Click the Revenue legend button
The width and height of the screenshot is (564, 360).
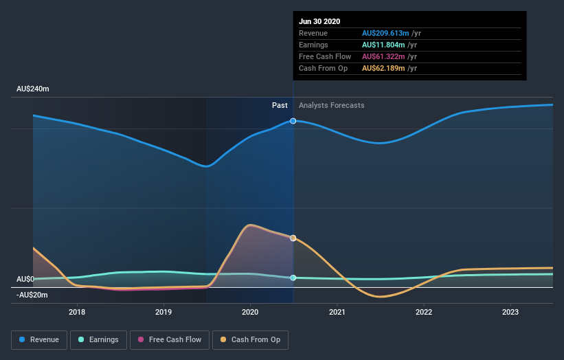[38, 339]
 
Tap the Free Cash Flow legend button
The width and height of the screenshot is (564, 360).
[169, 339]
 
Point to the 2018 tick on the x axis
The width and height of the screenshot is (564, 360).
[77, 311]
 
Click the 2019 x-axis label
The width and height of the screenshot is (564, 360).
[163, 311]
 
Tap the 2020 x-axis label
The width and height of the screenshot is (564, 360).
[250, 311]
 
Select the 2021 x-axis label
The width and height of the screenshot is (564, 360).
[337, 311]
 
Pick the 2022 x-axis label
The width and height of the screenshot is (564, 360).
[424, 311]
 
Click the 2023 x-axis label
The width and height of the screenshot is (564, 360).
[510, 311]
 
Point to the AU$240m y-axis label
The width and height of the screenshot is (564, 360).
[33, 89]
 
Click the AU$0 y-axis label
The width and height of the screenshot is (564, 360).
[25, 279]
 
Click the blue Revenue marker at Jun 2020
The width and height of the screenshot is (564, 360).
[293, 121]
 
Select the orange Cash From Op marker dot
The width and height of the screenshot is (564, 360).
[293, 238]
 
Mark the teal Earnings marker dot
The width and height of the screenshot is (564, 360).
[293, 278]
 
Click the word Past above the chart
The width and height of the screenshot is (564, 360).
[280, 105]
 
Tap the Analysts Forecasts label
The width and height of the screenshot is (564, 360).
[331, 105]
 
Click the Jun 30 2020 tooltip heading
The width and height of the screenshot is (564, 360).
[319, 21]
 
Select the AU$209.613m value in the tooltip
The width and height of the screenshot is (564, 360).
[385, 33]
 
